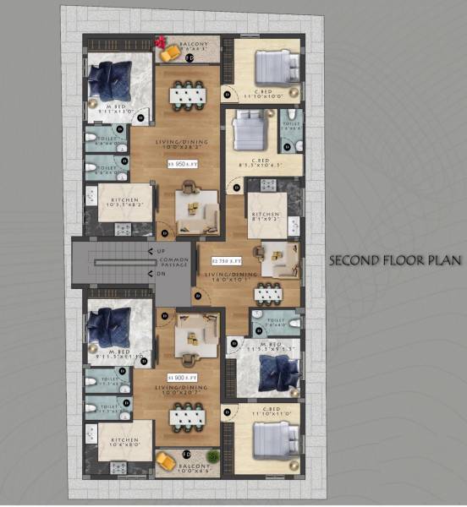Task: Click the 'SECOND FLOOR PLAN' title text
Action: tap(395, 260)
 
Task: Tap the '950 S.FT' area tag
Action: tap(183, 164)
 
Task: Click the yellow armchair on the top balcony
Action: tap(171, 53)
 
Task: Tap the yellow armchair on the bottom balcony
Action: tap(165, 461)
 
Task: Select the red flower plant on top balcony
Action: tap(159, 41)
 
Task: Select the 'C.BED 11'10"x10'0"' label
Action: tap(264, 92)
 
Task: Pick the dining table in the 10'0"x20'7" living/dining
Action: tap(188, 417)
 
